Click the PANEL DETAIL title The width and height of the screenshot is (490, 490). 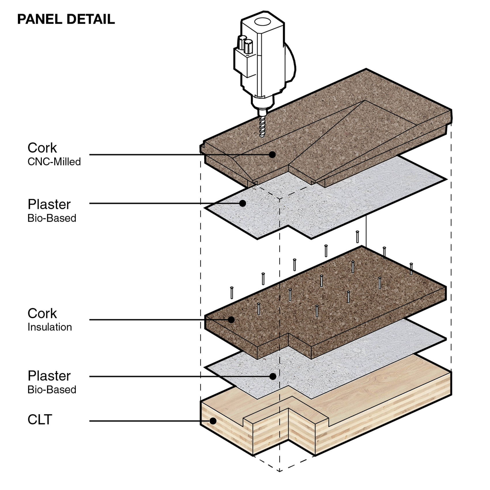coord(66,19)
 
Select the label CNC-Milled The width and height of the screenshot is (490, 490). coord(54,162)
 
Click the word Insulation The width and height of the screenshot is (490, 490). coord(50,327)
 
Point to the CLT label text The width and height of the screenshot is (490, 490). coord(40,420)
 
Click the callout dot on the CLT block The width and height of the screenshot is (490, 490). coord(213,421)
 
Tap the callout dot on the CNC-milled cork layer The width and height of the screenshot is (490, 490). coord(272,154)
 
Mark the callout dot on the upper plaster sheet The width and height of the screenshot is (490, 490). coord(243,203)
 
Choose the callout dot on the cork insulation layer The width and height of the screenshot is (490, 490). coord(231,320)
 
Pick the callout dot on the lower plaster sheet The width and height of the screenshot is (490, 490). coord(273,376)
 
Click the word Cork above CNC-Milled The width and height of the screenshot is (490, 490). coord(42,148)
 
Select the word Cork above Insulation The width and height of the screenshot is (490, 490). coord(42,314)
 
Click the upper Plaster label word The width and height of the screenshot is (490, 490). coord(49,205)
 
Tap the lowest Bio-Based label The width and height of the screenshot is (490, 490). coord(52,390)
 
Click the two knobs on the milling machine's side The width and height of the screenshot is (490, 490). coord(245,45)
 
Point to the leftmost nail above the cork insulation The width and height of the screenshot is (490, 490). coord(232,293)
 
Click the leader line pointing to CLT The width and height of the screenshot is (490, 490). coord(144,421)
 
